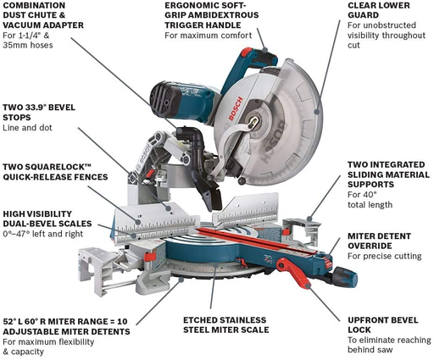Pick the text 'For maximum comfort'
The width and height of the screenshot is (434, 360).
coord(206,36)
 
